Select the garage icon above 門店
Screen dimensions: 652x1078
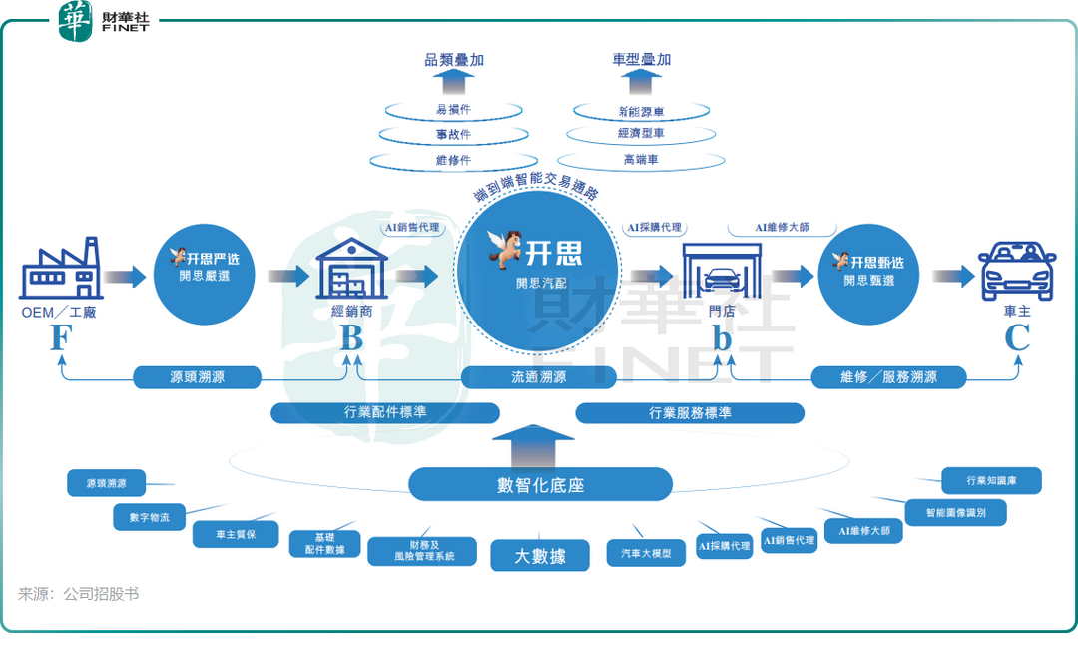click(x=721, y=271)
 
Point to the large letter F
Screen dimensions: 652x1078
click(x=61, y=338)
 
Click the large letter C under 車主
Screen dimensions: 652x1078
click(x=1016, y=338)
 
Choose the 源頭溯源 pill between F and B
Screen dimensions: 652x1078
click(x=198, y=377)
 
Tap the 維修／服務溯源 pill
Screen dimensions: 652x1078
click(x=888, y=377)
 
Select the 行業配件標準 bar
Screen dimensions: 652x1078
click(x=385, y=412)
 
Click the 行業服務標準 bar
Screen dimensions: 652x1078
click(x=690, y=412)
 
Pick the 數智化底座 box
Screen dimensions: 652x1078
click(x=540, y=485)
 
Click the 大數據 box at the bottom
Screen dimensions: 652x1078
click(x=540, y=555)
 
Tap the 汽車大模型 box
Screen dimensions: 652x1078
click(x=646, y=553)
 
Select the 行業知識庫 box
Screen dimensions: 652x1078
click(x=991, y=480)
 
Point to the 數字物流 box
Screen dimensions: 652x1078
click(x=149, y=517)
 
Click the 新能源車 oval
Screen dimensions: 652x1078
click(x=641, y=111)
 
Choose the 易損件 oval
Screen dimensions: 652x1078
click(x=454, y=110)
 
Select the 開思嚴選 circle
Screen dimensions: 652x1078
click(x=204, y=269)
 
